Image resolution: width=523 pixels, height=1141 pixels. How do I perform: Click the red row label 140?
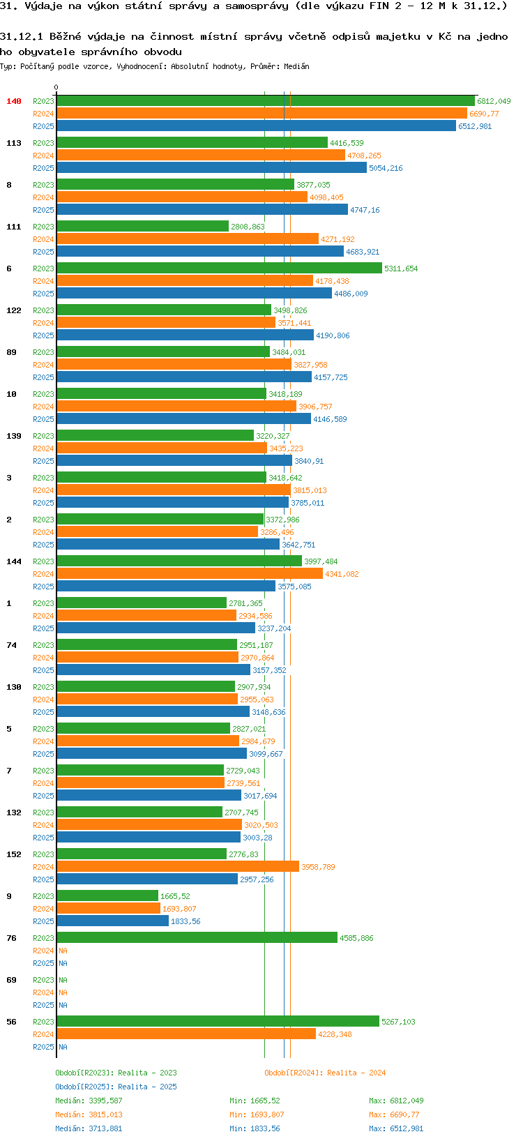coord(14,101)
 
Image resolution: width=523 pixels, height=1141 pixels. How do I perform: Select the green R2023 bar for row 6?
coord(219,269)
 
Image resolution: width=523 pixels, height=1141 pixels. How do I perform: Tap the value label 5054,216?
coord(386,168)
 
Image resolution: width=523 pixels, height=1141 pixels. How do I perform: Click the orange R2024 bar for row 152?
coord(178,867)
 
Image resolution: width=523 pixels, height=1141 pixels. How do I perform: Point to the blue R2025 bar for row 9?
coord(112,921)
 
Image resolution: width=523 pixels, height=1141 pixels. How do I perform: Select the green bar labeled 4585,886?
coord(197,938)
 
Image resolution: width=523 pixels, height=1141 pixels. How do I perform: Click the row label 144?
coord(14,561)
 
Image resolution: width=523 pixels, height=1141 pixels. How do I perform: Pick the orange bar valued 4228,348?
coord(186,1034)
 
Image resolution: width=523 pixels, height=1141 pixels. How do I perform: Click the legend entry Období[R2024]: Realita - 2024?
coord(325,1073)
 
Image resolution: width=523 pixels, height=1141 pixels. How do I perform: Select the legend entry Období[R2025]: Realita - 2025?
coord(116,1087)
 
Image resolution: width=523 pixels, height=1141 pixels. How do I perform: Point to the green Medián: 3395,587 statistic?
coord(89,1101)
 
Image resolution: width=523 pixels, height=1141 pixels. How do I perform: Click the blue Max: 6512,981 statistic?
coord(396,1128)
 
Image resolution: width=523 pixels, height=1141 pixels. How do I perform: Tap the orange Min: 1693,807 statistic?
coord(257,1114)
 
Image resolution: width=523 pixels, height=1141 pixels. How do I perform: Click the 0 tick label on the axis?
coord(56,88)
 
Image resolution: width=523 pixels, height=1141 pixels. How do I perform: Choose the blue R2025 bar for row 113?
coord(211,168)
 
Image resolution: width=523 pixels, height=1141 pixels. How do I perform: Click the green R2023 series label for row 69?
coord(43,980)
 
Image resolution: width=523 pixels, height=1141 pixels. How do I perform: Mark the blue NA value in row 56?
coord(63,1047)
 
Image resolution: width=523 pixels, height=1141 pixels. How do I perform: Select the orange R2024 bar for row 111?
coord(188,239)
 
